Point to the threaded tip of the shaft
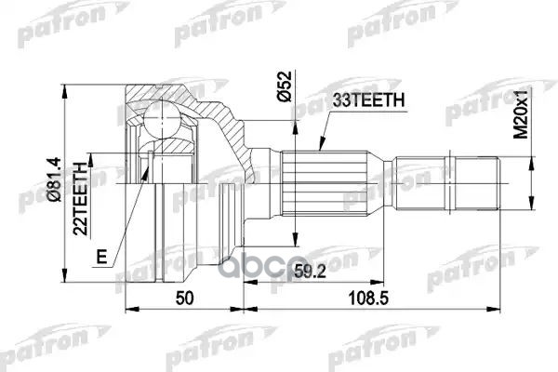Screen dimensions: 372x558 [x=479, y=178]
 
